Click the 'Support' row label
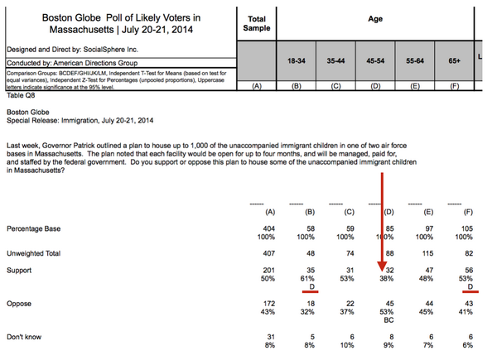pyautogui.click(x=20, y=270)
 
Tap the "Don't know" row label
pyautogui.click(x=25, y=338)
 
